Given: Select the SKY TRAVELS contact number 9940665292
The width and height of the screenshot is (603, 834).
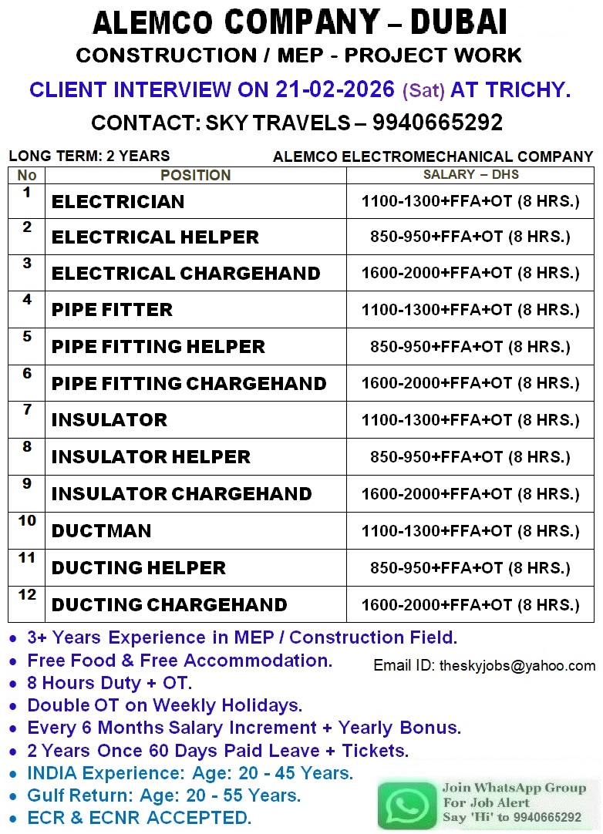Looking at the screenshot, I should tap(437, 123).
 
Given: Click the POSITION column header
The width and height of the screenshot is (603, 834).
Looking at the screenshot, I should tap(195, 176).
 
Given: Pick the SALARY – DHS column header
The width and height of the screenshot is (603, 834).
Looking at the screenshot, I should tap(470, 175).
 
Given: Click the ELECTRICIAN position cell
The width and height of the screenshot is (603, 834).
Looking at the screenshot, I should tap(118, 202).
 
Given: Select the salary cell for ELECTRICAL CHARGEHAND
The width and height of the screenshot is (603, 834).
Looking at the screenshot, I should tap(470, 273).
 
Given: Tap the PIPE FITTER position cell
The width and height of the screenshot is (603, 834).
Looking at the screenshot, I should tap(112, 310).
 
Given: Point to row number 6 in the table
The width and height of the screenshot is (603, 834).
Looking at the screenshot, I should tap(27, 374).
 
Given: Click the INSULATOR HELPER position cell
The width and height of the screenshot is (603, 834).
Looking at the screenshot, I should tap(151, 457).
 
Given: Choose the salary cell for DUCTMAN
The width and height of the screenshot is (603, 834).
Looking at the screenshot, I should tap(470, 530).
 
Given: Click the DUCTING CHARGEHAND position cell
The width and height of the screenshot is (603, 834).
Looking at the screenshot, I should tap(169, 605).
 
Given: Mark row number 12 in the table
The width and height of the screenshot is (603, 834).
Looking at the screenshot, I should tap(27, 594).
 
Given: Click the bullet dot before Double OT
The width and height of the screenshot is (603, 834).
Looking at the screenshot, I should tap(15, 706).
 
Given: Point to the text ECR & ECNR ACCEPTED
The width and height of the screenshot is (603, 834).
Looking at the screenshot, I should tap(140, 818).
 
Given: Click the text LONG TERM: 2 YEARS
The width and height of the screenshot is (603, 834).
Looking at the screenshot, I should tap(89, 156).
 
